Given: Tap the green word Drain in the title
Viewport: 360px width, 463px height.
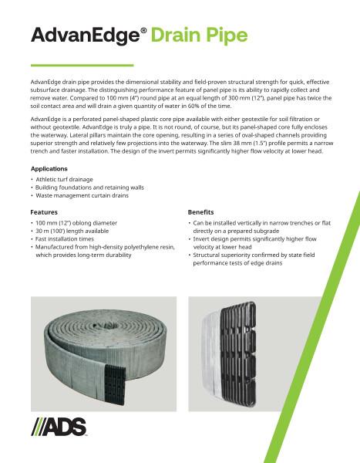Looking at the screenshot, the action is (174, 35).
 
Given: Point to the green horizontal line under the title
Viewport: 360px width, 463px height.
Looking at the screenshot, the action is (82, 65).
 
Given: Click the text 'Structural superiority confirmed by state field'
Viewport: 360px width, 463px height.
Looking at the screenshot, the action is (247, 255).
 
